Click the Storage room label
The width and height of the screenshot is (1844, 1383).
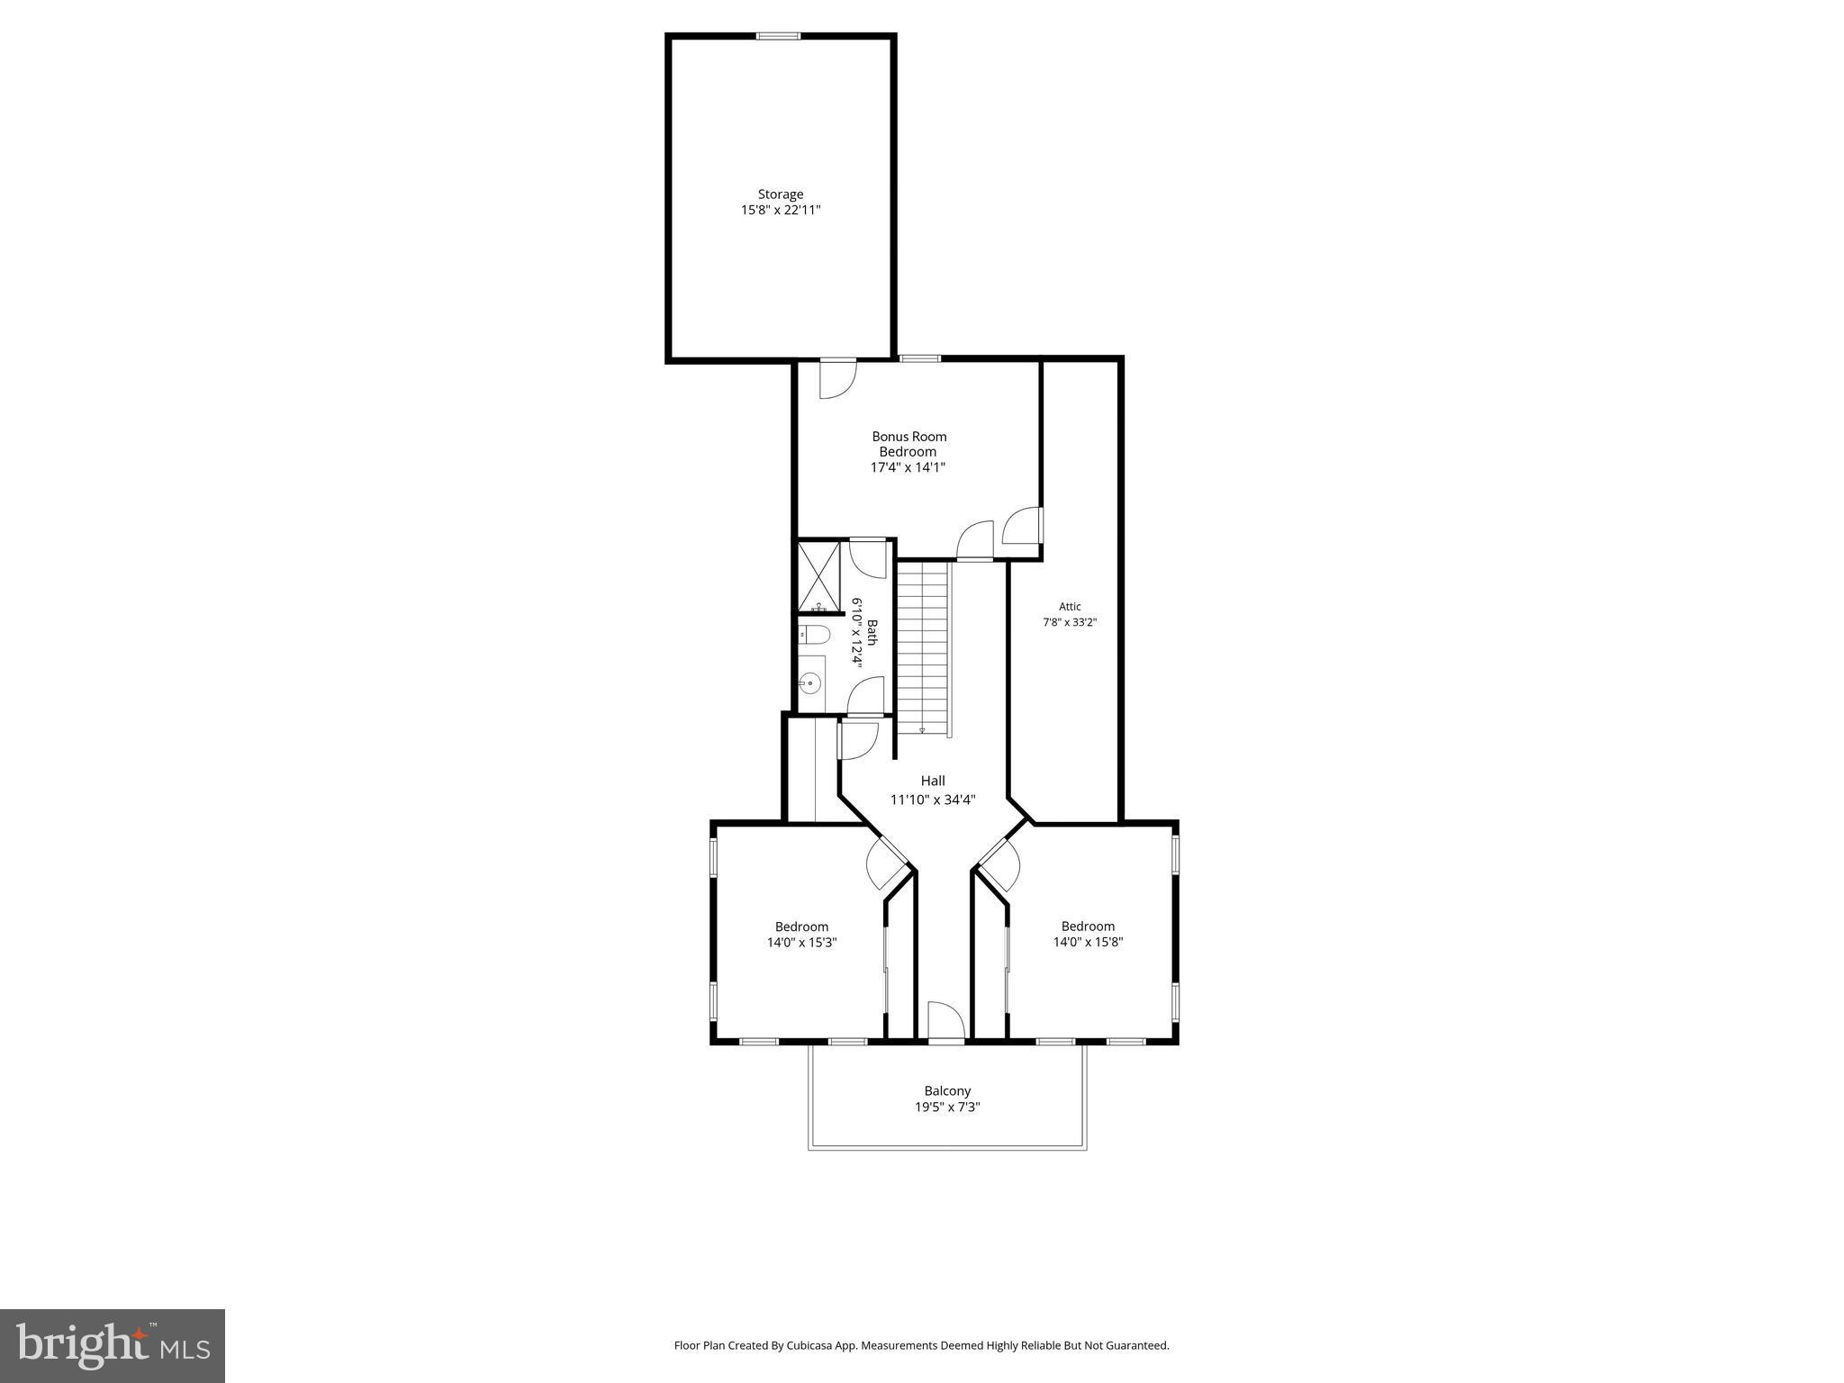click(780, 194)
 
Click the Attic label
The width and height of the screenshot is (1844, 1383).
click(1070, 607)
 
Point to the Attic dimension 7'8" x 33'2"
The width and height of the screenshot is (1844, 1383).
click(1070, 622)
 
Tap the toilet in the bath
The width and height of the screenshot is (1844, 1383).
click(815, 636)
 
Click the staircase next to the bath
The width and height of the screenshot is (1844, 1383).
click(924, 644)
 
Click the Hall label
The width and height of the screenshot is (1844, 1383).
click(933, 782)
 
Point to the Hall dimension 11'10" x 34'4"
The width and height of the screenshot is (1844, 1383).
click(933, 800)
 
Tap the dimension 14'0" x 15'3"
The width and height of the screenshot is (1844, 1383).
click(801, 943)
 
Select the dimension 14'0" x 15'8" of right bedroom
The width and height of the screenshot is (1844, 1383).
click(1088, 943)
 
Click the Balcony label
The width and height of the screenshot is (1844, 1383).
click(947, 1091)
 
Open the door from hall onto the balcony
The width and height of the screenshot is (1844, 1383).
click(946, 1023)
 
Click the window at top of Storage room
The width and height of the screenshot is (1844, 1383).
click(778, 37)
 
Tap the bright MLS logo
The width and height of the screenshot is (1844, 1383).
click(113, 1345)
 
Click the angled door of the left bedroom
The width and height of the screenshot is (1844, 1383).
click(886, 865)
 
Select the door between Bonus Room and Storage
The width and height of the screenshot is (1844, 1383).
click(837, 377)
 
